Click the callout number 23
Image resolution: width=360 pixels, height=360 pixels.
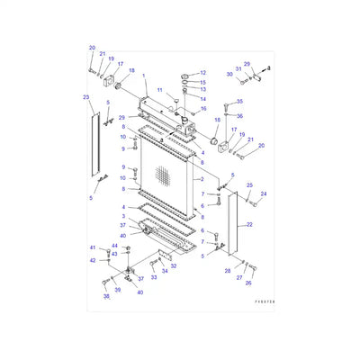tap(86, 96)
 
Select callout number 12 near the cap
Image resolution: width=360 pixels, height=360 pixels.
tap(202, 73)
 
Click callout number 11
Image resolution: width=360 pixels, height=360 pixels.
tap(160, 91)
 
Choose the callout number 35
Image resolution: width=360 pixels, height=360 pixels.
tap(239, 102)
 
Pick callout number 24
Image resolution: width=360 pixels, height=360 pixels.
tap(264, 193)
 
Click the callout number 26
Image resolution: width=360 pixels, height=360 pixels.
tap(248, 282)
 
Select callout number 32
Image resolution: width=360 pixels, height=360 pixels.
tap(175, 266)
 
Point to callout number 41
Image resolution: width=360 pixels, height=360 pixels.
tap(91, 247)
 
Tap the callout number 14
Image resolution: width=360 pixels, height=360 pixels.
tap(202, 98)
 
